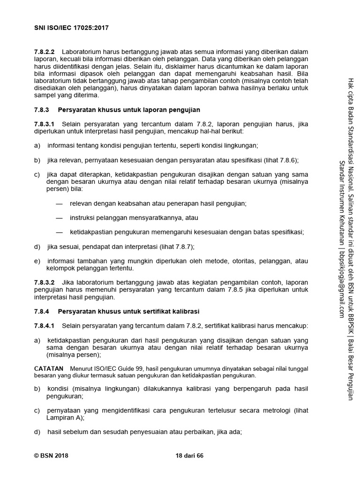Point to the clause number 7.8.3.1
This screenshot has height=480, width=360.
click(x=45, y=124)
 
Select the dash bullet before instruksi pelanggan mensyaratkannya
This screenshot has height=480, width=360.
click(x=59, y=217)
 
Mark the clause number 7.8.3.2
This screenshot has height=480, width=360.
click(x=45, y=283)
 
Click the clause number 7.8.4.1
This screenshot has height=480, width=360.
click(x=45, y=326)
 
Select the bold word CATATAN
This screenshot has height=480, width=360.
click(x=49, y=369)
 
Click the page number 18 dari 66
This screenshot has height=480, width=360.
click(x=189, y=455)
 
